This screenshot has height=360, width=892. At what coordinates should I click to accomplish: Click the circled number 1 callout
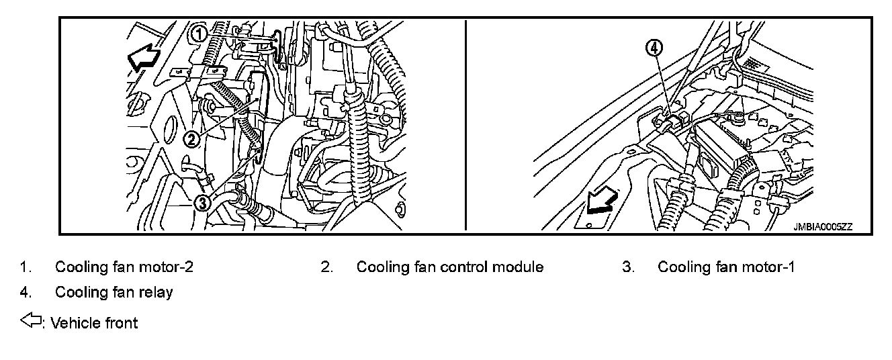point(199,32)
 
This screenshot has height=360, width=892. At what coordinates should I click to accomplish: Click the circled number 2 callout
point(191,139)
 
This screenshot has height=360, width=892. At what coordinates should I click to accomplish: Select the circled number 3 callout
point(202,201)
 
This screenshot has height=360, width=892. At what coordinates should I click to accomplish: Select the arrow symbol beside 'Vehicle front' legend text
point(31,322)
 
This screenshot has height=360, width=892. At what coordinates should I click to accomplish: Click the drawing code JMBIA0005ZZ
point(823,227)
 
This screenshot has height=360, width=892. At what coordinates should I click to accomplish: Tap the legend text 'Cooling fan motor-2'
point(124,267)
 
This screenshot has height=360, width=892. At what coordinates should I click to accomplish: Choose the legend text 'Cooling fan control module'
point(450,267)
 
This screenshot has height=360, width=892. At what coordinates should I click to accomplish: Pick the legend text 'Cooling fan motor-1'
point(726,267)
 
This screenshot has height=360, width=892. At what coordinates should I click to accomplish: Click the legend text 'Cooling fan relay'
point(114,292)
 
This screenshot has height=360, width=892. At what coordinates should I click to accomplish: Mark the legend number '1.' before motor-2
point(25,267)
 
